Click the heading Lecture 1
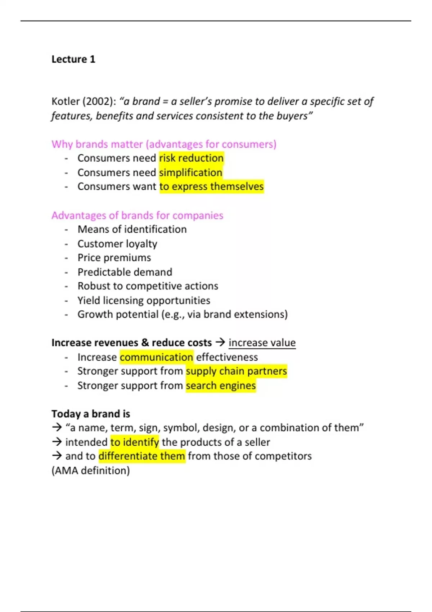pos(73,59)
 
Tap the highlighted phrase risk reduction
pos(191,158)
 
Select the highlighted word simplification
pos(191,172)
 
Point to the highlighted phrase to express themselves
pos(212,186)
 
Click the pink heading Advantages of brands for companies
pos(137,215)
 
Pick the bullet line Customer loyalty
pos(117,244)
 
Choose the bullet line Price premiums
pos(114,258)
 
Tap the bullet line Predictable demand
pos(125,272)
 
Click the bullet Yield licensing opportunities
pos(144,300)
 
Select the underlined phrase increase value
pos(262,343)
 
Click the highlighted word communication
pos(156,357)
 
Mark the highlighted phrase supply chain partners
pos(237,371)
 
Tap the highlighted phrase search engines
pos(221,386)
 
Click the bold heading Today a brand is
pos(91,414)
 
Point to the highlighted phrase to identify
pos(135,442)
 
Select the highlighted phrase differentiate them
pos(142,456)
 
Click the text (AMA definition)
pos(91,471)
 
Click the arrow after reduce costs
pos(220,342)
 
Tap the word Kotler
pos(66,102)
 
